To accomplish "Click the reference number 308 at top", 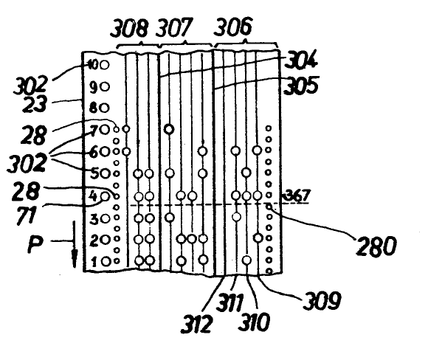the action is (129, 28).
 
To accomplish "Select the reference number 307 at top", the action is (175, 27).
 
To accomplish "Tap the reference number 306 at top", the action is (233, 27).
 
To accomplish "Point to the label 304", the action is (301, 60).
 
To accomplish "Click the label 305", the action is (301, 85).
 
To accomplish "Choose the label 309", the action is (322, 300).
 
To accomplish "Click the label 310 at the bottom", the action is (254, 322).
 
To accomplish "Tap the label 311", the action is (229, 302).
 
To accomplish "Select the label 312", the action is (196, 324).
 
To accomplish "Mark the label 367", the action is (297, 195).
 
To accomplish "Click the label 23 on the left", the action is (34, 104).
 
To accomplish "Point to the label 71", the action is (27, 215).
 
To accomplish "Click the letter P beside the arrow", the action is (35, 244).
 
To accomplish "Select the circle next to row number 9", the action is (105, 87).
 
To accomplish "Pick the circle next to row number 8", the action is (104, 108).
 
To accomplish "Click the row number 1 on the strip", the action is (94, 262).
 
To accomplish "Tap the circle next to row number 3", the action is (106, 218).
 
